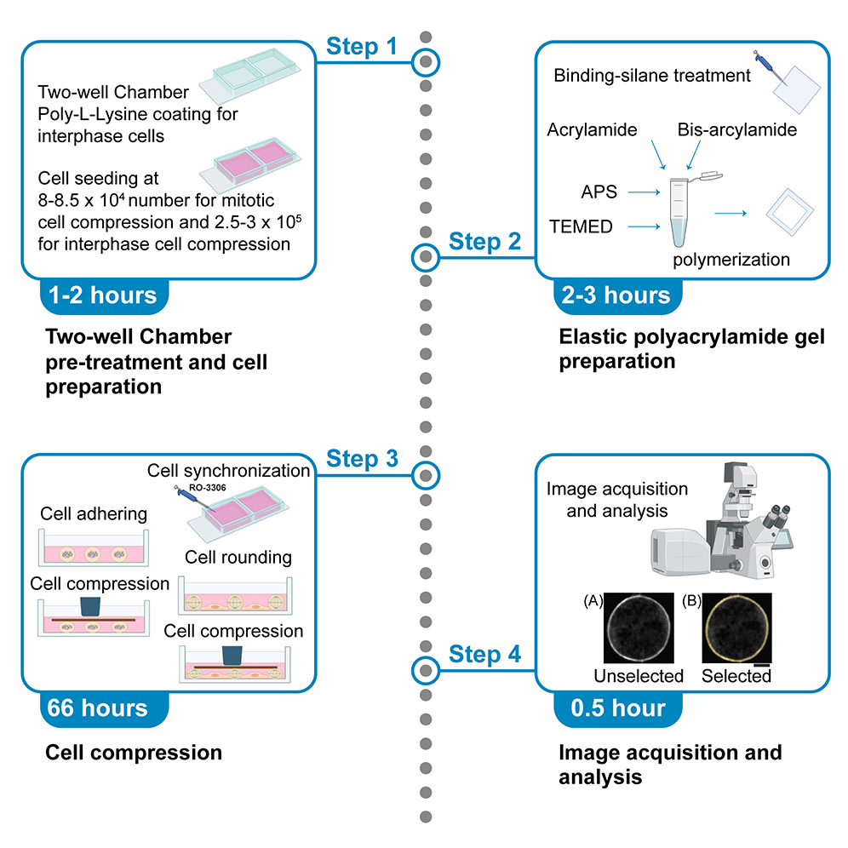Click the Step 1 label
point(361,46)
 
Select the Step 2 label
point(485,241)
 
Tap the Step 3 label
point(362,459)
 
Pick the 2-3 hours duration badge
point(616,295)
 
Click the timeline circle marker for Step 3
point(426,473)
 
